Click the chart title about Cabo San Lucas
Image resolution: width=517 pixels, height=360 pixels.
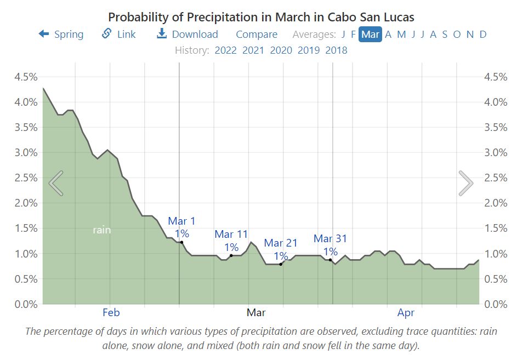pos(261,16)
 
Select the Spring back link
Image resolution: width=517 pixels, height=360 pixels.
pos(61,35)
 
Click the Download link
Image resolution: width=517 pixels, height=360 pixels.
pos(187,35)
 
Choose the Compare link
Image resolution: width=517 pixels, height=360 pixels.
pos(257,35)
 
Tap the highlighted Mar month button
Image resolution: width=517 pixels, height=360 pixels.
pos(370,35)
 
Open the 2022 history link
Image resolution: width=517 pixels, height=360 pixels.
pos(225,50)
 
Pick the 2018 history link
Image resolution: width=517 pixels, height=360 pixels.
pos(336,50)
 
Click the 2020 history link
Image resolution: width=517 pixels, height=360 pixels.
pos(281,50)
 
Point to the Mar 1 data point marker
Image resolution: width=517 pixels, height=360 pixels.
pos(181,242)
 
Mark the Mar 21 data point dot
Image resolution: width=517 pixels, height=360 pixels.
pos(281,264)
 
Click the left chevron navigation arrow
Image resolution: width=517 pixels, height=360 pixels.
pos(56,183)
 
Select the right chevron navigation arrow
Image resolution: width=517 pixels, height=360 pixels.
pos(465,183)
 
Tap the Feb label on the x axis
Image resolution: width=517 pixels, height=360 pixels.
pos(111,313)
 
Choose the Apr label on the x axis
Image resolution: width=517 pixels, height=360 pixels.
pos(406,313)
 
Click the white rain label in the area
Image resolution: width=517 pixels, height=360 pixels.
pos(102,230)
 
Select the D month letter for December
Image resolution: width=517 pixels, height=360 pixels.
pos(483,35)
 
